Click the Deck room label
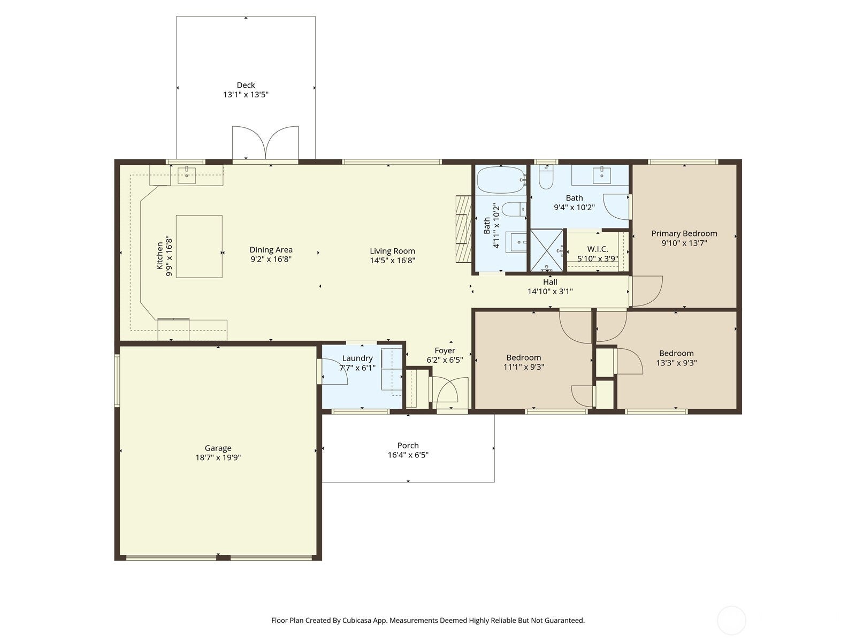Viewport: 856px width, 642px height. click(x=246, y=85)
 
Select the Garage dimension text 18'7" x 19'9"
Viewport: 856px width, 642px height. click(x=218, y=458)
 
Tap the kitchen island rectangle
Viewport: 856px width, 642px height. click(x=199, y=246)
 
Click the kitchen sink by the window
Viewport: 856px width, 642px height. click(x=187, y=174)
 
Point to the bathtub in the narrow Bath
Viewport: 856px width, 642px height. click(x=501, y=180)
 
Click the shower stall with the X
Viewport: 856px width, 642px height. click(x=546, y=250)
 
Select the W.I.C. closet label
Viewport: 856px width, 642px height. click(x=597, y=249)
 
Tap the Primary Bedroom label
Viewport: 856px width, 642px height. click(x=684, y=233)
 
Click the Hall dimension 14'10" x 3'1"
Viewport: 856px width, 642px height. click(x=550, y=292)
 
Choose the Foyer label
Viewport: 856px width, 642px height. click(x=445, y=351)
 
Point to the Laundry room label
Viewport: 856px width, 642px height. click(x=357, y=358)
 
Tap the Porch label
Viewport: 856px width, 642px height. click(x=408, y=446)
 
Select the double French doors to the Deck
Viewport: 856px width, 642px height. click(x=265, y=143)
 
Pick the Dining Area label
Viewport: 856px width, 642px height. click(x=271, y=250)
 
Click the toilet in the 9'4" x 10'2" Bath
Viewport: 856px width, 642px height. click(x=545, y=179)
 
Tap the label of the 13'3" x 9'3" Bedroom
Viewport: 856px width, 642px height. click(x=676, y=353)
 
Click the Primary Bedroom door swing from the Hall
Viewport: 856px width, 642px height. click(x=646, y=291)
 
